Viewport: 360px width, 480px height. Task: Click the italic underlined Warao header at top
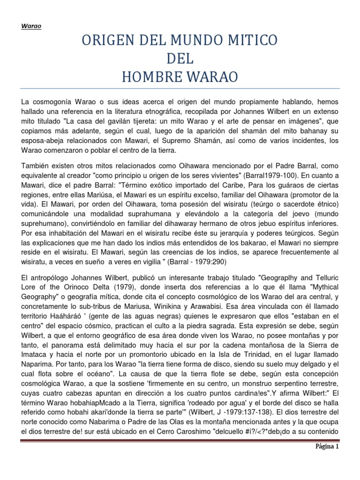coord(31,26)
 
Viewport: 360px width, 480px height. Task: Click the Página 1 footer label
coord(326,460)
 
